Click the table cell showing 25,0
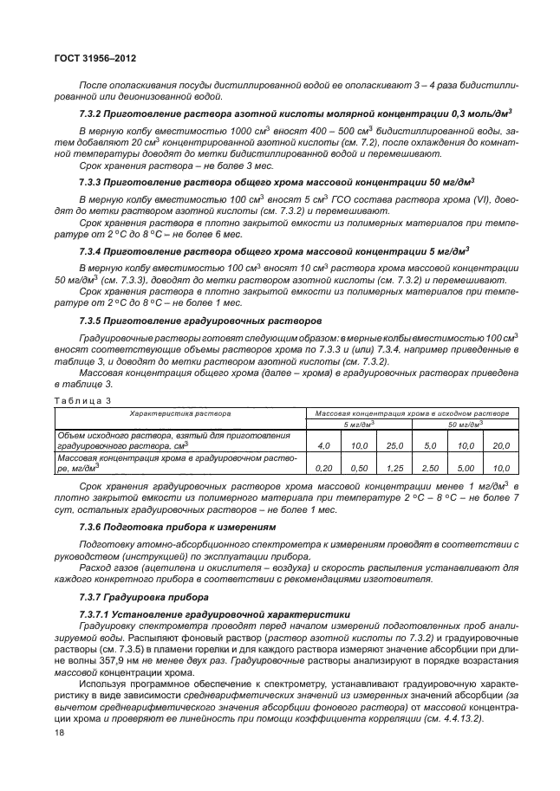pos(395,445)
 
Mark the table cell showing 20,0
pos(500,445)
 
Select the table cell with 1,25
pos(395,467)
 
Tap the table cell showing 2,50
pos(431,467)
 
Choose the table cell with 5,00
pos(466,467)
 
